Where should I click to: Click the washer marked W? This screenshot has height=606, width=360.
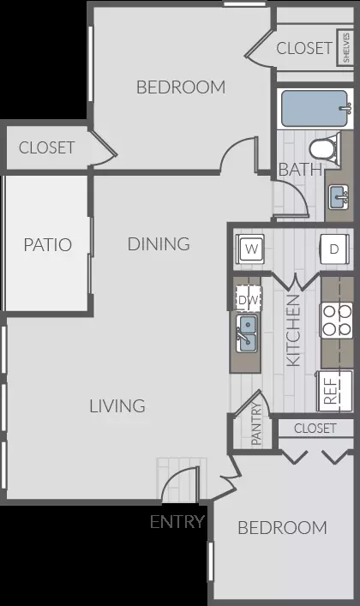click(x=249, y=249)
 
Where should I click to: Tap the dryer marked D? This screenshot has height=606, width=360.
click(x=335, y=249)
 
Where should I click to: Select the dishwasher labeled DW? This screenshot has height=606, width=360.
click(x=249, y=299)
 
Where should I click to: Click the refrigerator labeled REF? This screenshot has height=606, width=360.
click(x=334, y=391)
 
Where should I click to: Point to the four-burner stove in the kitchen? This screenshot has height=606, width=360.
click(x=336, y=321)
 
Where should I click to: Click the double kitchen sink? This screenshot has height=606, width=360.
click(x=247, y=333)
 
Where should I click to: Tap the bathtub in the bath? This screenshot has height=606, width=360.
click(x=315, y=109)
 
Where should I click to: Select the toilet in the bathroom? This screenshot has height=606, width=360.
click(x=324, y=149)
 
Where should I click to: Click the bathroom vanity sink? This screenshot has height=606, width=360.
click(x=339, y=197)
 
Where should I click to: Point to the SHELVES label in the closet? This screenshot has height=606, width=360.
click(x=345, y=47)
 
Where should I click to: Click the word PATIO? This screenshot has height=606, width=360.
click(x=48, y=244)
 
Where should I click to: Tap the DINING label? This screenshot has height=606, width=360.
click(x=159, y=244)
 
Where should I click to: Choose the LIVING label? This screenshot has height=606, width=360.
click(x=117, y=406)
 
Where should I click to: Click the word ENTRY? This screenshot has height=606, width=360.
click(x=177, y=522)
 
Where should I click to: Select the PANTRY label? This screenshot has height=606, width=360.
click(x=256, y=423)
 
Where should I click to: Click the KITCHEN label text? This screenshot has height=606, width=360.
click(x=293, y=331)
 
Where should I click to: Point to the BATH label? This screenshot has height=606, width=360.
click(x=300, y=170)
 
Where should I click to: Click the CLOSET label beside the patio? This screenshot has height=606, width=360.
click(x=47, y=147)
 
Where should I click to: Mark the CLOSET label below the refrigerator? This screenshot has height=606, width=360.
click(x=315, y=429)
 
